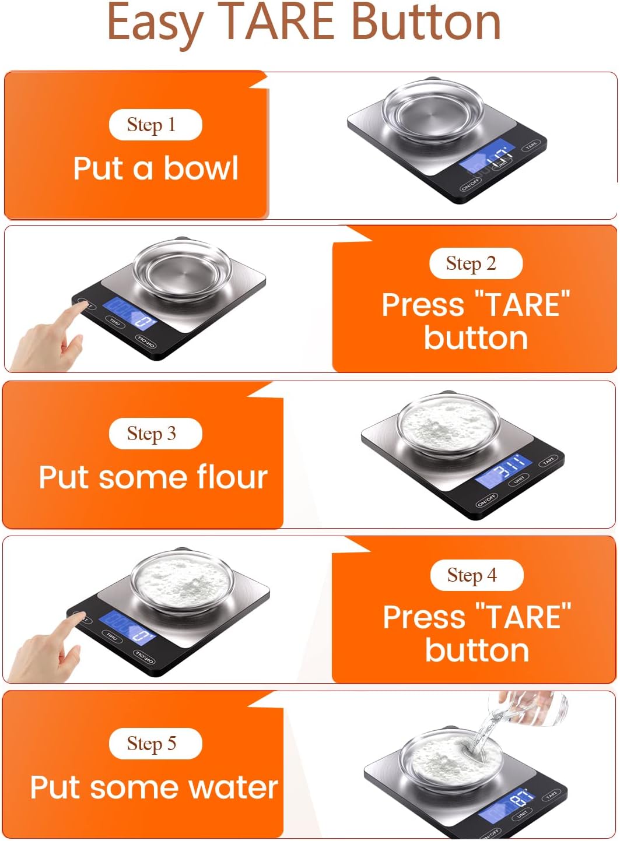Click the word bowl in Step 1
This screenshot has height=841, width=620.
[x=201, y=168]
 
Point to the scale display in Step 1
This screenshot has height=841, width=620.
[x=487, y=157]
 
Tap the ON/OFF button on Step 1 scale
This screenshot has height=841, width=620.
[x=471, y=185]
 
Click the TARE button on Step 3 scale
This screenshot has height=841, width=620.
[x=548, y=462]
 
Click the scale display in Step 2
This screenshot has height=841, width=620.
[x=129, y=314]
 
